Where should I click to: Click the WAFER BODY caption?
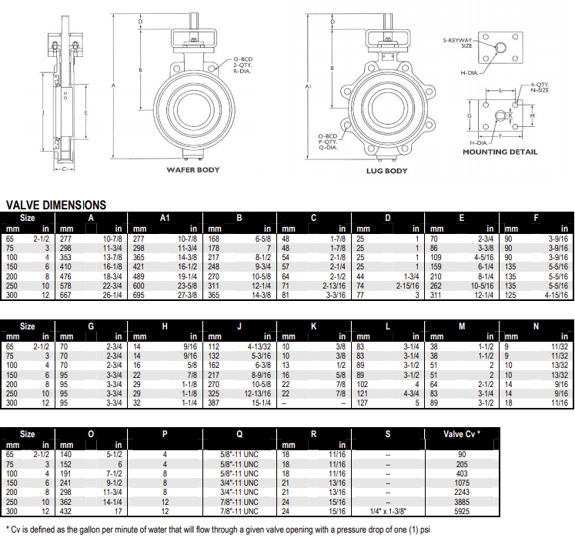(194, 169)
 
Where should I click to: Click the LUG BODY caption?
(386, 171)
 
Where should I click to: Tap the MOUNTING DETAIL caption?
(500, 152)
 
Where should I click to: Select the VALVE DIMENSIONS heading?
(56, 206)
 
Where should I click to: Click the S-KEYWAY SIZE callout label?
(457, 42)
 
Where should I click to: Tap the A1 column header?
(164, 219)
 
